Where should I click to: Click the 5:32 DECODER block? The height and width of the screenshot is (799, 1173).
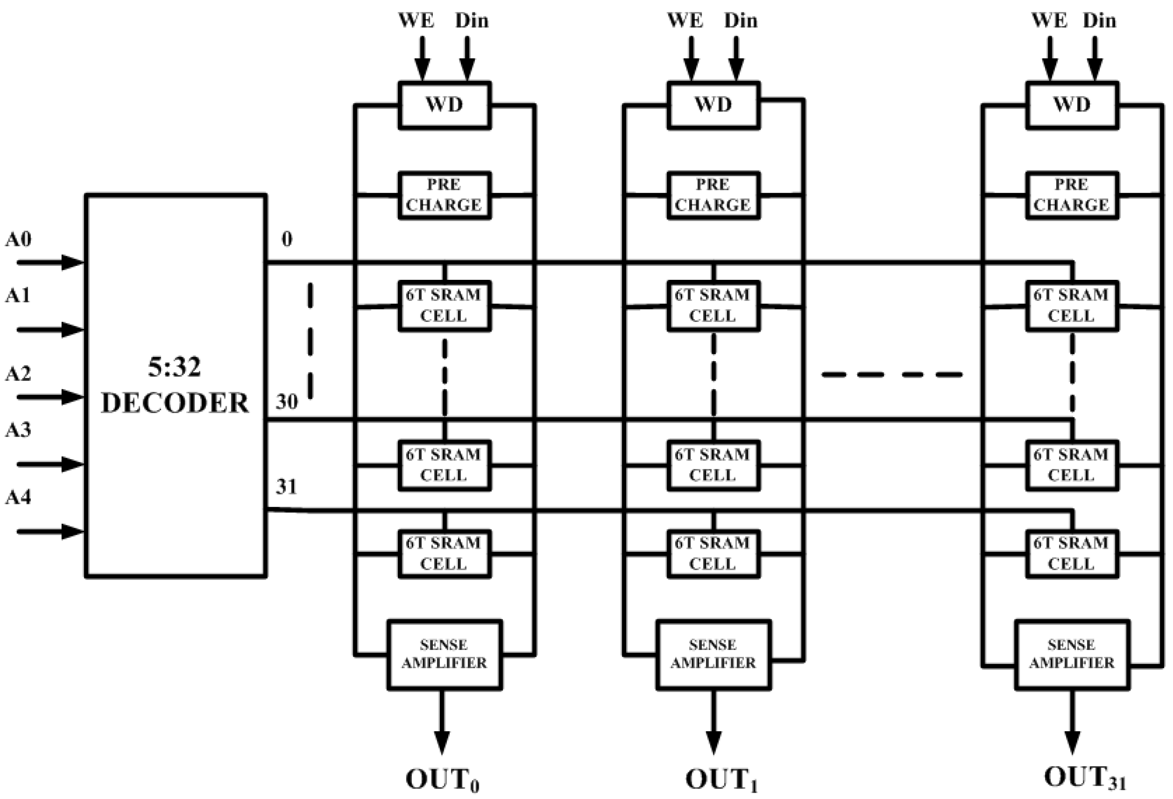coord(175,385)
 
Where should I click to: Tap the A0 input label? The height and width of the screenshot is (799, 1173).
coord(19,239)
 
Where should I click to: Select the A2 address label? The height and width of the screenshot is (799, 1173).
coord(19,374)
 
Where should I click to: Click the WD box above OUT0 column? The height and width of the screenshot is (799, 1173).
coord(444,105)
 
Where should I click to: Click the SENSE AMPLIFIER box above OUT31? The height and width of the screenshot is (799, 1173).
coord(1071,654)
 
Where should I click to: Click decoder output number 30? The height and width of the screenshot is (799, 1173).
coord(287,402)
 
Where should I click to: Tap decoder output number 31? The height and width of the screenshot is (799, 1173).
coord(286,486)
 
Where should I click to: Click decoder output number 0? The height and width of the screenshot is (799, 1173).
coord(287,239)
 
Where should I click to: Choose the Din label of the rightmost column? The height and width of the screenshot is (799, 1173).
coord(1099,21)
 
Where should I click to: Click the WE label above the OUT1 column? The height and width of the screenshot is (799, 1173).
coord(685,21)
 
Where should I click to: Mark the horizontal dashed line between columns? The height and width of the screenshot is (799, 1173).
coord(892,375)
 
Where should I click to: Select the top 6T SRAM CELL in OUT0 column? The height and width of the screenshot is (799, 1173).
coord(444,306)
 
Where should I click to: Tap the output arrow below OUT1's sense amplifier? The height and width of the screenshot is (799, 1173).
coord(713,722)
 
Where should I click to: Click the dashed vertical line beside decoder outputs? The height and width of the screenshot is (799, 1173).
coord(310,341)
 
